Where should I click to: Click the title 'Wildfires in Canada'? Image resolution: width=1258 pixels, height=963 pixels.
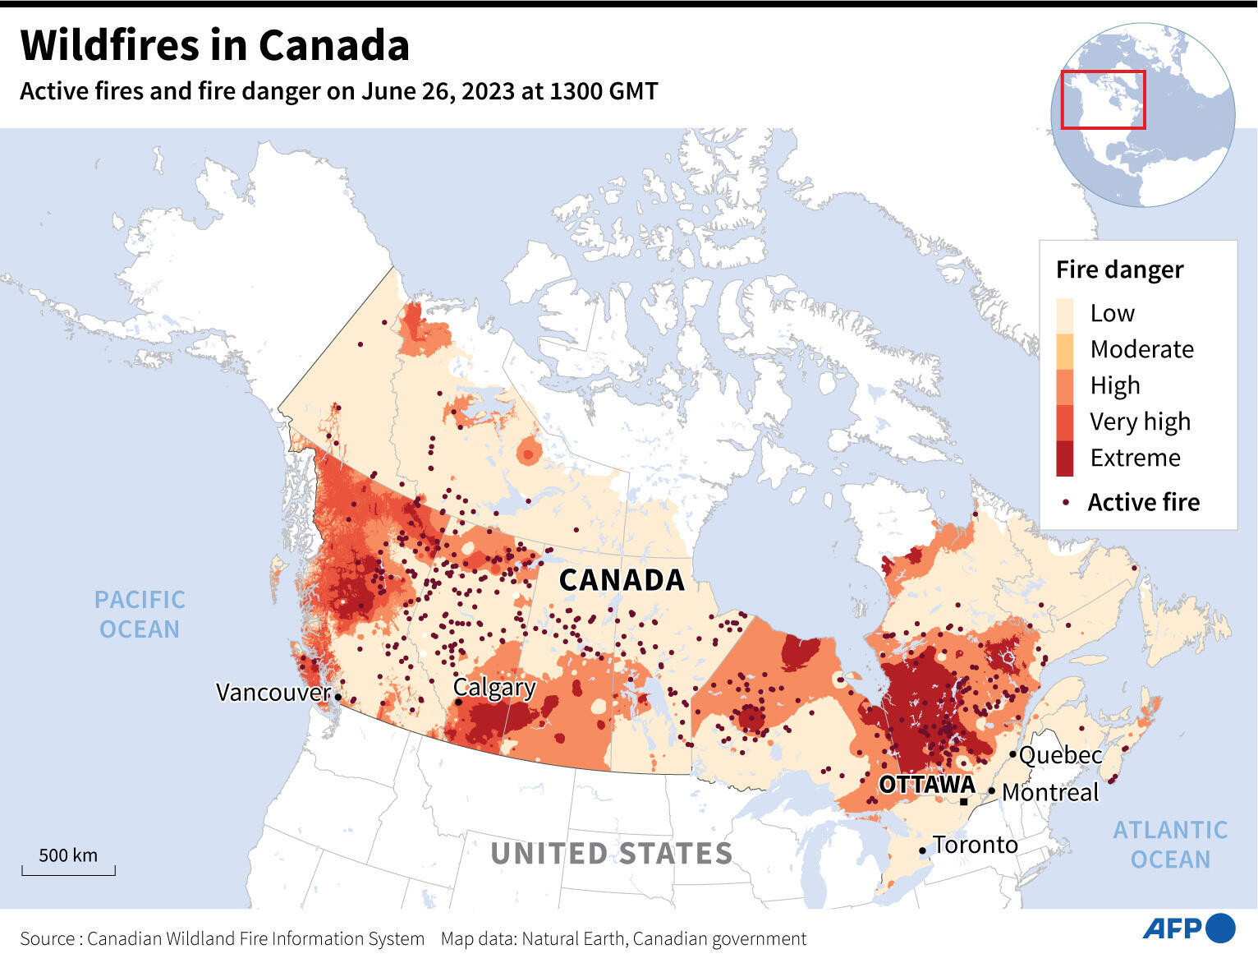[x=214, y=45]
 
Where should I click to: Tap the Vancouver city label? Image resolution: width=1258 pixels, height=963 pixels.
[x=273, y=693]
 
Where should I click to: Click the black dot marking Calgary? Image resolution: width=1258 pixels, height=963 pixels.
[x=458, y=702]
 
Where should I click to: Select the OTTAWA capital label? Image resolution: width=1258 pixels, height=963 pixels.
[x=926, y=786]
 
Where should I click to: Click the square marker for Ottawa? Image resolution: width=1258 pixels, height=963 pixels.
[x=963, y=801]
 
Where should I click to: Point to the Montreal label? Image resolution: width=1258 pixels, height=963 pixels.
[x=1050, y=793]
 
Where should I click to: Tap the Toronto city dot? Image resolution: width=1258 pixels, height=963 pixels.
[x=923, y=850]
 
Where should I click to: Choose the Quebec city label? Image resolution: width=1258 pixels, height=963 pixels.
[x=1060, y=755]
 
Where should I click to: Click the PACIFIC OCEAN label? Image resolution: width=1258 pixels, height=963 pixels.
[x=140, y=615]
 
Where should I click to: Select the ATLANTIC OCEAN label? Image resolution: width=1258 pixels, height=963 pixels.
[x=1170, y=845]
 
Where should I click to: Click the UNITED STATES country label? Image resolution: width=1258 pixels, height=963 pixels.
[x=612, y=854]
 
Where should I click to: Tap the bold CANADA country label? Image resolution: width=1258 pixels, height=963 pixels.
[x=622, y=580]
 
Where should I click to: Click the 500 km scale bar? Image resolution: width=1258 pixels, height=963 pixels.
[x=68, y=869]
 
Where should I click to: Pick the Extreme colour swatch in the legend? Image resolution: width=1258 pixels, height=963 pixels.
[x=1065, y=458]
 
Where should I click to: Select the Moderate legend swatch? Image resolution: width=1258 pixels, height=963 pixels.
[x=1065, y=350]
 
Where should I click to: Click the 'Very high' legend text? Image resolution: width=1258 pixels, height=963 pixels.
[x=1140, y=422]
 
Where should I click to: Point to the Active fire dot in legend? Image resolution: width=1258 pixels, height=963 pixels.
[x=1066, y=502]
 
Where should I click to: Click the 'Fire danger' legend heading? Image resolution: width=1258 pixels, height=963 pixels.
[x=1119, y=270]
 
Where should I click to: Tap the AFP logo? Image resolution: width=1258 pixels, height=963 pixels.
[x=1188, y=928]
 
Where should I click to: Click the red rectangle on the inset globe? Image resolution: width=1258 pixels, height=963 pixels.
[x=1103, y=99]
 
